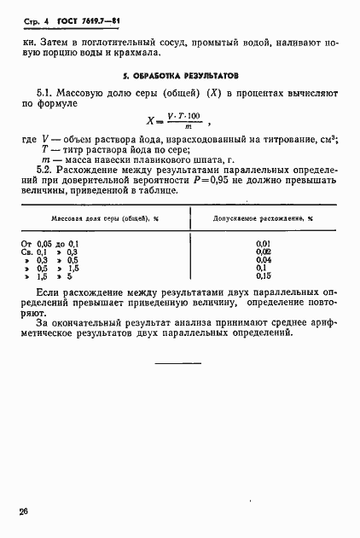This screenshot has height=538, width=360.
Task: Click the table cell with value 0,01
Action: (263, 244)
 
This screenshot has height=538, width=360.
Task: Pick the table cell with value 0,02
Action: (263, 252)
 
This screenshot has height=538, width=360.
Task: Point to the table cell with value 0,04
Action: (263, 260)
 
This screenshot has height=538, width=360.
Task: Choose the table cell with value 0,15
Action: (263, 276)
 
